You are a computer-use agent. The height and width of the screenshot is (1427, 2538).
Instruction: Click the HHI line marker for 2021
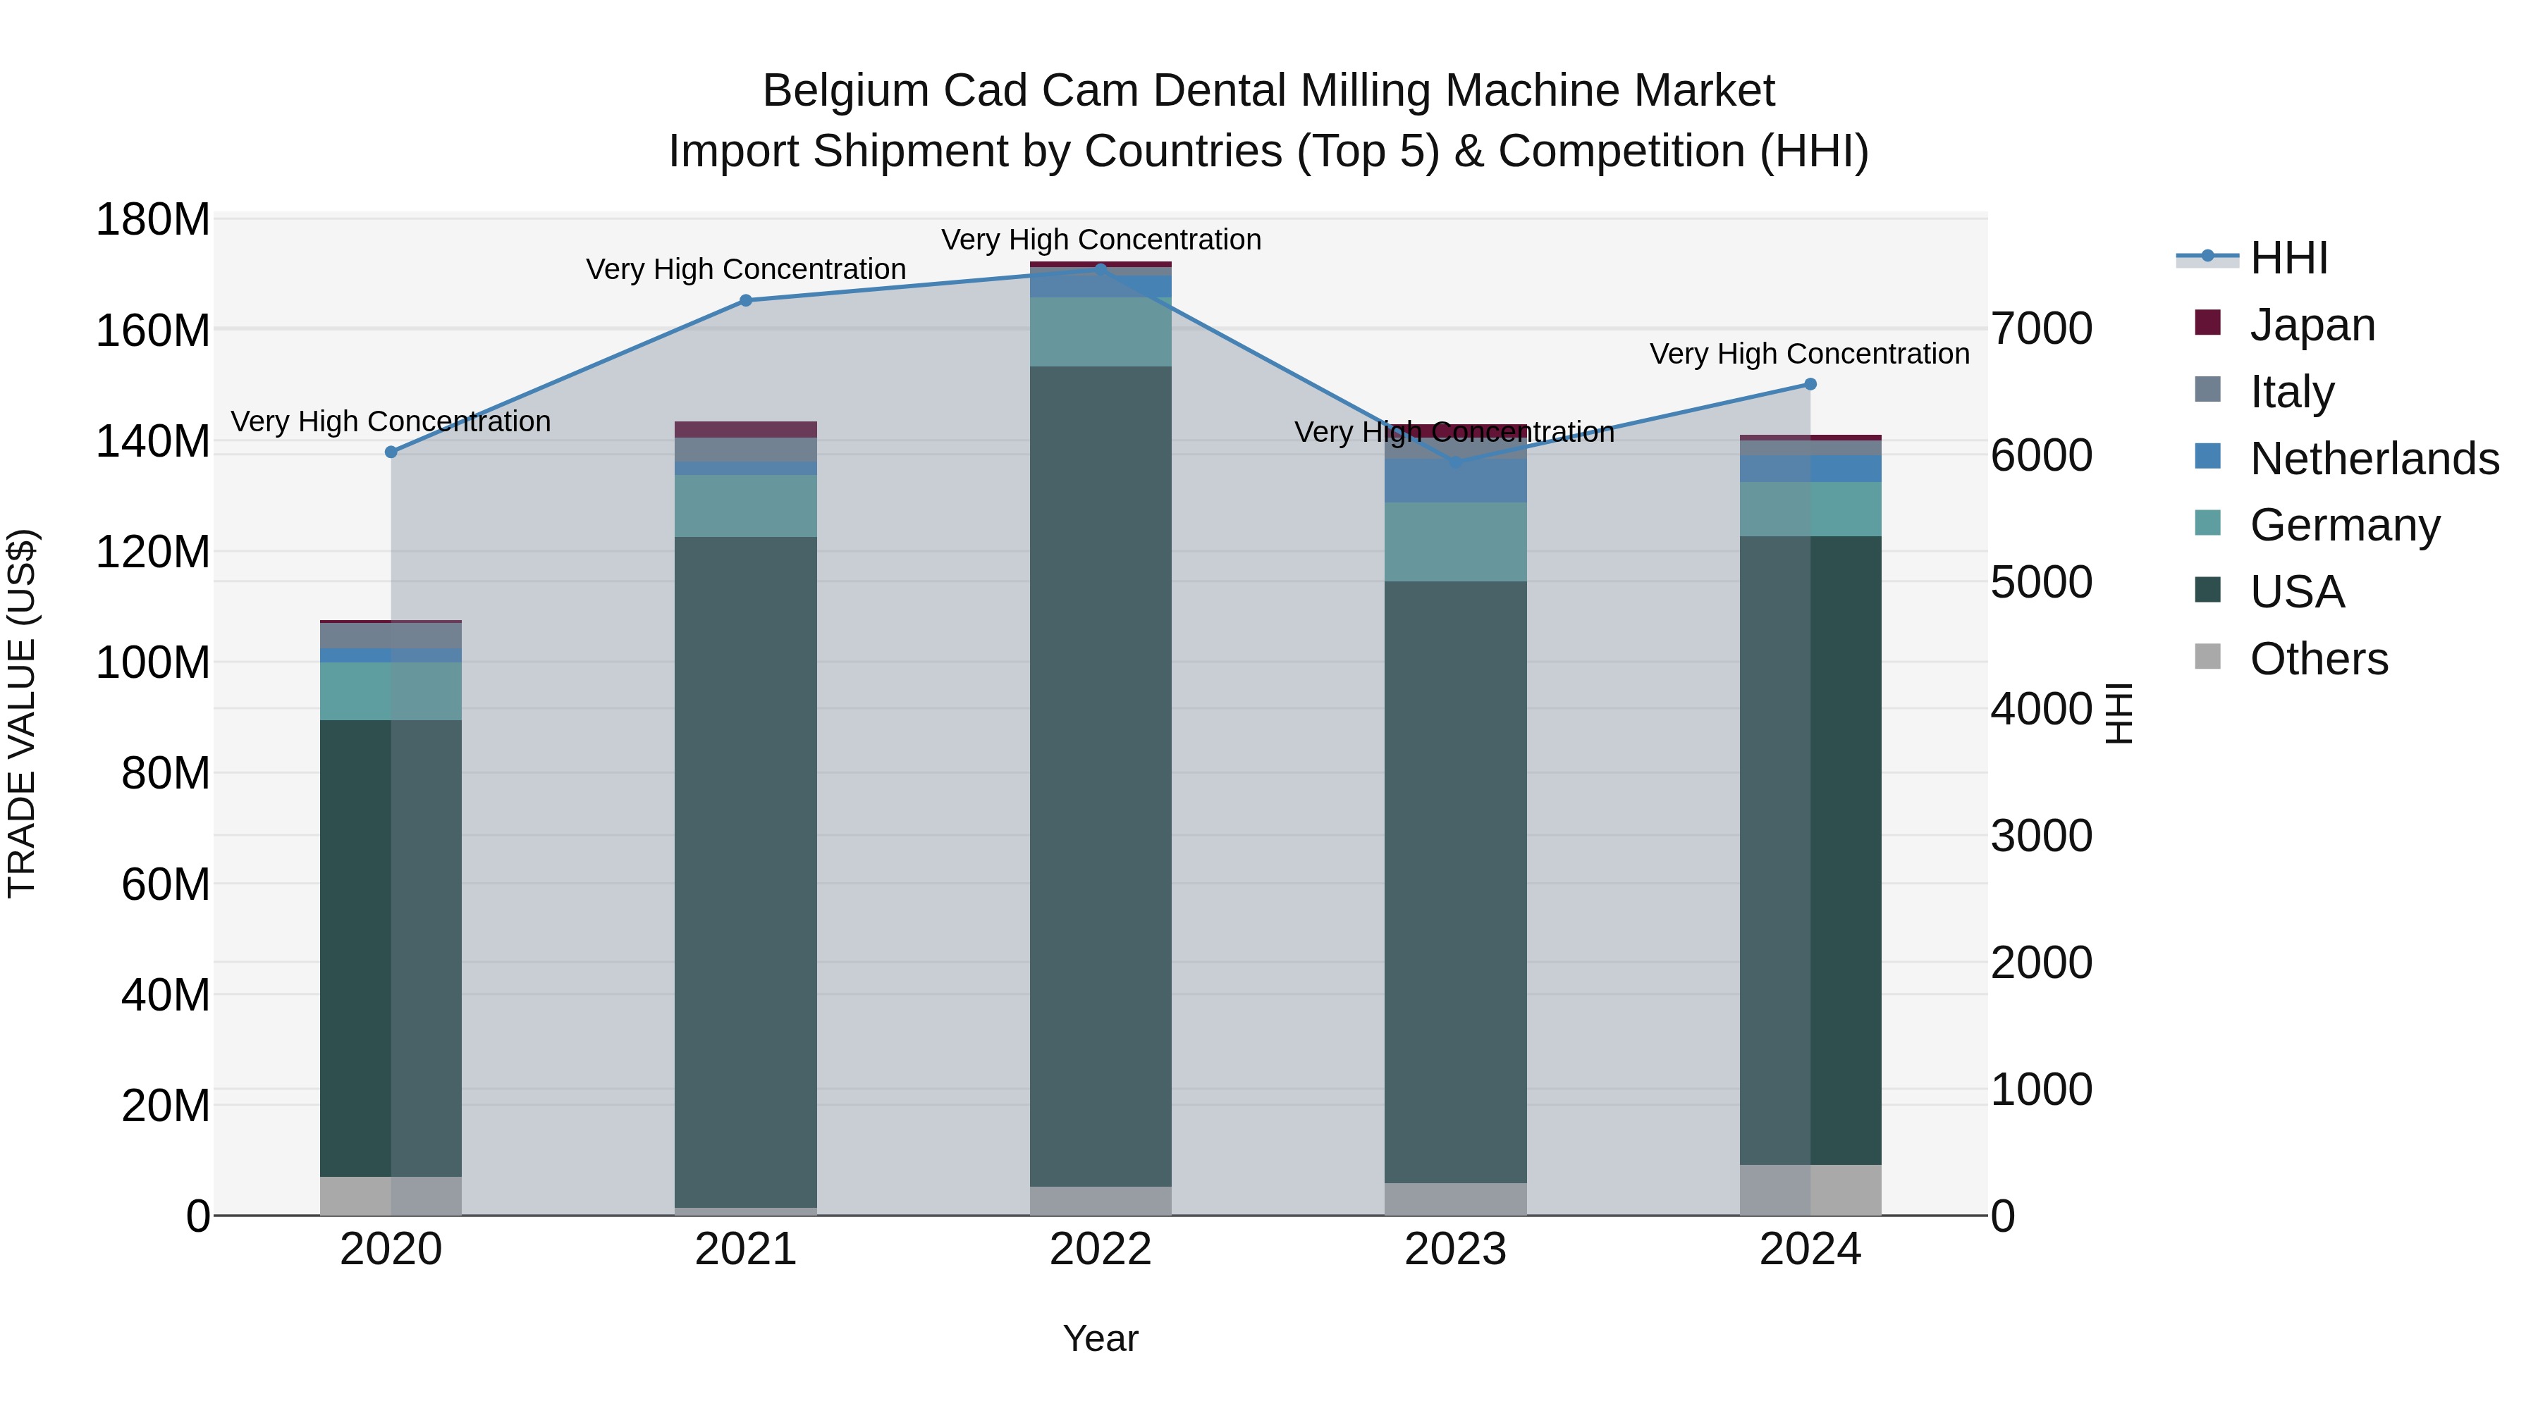746,300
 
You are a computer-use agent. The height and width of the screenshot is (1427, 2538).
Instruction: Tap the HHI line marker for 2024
1810,384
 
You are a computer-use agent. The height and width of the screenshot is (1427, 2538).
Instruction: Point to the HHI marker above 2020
391,452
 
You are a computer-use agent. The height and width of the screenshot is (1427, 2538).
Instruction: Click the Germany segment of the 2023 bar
1455,542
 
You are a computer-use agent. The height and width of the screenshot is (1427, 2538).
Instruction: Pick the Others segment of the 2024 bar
1810,1190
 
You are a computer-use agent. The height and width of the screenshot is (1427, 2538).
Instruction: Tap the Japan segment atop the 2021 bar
746,429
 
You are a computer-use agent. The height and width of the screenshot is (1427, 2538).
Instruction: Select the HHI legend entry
2288,258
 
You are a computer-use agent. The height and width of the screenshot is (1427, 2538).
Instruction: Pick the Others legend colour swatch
2208,657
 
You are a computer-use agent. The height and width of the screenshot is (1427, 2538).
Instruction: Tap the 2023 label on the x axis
1455,1249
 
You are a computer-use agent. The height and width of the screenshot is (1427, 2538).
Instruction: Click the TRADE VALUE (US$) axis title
22,713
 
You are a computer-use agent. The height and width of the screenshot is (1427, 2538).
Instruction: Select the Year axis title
1101,1338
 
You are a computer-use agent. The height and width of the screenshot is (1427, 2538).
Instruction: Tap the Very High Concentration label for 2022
1101,240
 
